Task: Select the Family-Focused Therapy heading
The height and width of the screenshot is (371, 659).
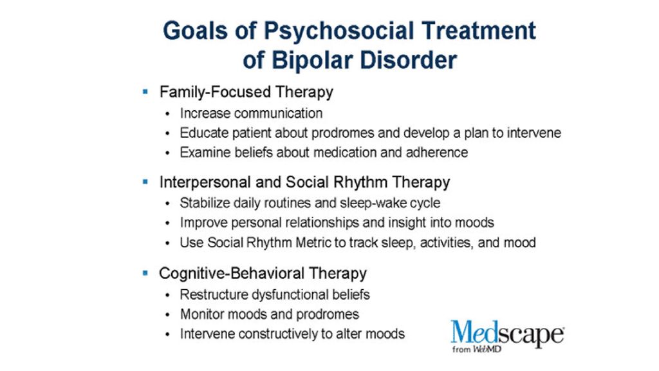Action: coord(246,92)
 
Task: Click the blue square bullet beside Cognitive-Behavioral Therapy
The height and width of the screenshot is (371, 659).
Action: coord(145,273)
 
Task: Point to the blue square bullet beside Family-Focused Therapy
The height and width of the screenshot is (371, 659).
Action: coord(145,91)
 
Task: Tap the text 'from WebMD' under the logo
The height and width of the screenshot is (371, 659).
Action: coord(477,349)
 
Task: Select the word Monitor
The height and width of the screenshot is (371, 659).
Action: coord(200,314)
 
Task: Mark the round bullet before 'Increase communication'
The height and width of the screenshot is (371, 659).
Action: coord(168,113)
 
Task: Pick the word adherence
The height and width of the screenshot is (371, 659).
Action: coord(437,152)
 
